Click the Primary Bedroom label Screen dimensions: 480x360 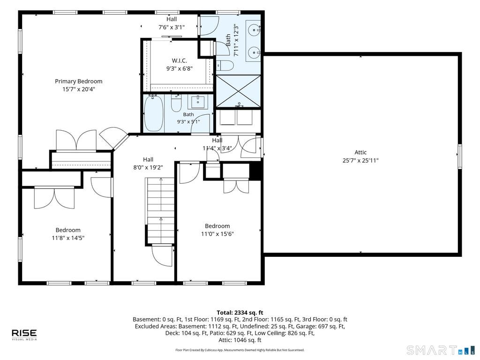(79, 81)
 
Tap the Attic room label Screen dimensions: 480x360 (360, 152)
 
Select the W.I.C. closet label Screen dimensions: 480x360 (180, 60)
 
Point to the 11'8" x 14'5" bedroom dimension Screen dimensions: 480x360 (68, 238)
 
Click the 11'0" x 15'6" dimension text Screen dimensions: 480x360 (217, 234)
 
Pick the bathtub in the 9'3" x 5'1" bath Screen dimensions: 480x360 (154, 113)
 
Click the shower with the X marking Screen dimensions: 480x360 (239, 91)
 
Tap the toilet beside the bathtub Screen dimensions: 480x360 (176, 104)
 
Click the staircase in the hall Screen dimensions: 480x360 (160, 211)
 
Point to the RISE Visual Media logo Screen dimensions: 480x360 (24, 335)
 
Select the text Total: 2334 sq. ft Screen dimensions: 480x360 (240, 313)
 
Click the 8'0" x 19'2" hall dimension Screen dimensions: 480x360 (148, 167)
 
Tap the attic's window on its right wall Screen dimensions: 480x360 (459, 157)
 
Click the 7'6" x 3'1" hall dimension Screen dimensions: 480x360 (172, 27)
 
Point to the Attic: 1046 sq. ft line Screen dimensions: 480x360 (240, 340)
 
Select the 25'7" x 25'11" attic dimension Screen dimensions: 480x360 (360, 160)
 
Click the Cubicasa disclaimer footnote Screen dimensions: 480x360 (240, 350)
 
